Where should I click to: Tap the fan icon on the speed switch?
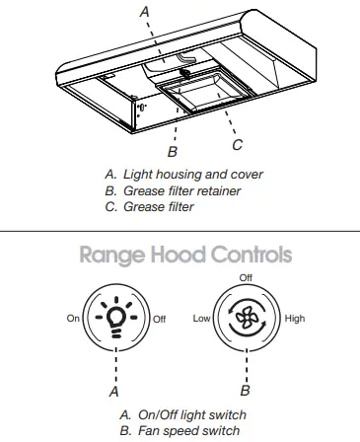click(246, 320)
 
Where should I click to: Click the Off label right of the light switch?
click(161, 320)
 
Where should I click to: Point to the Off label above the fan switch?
click(246, 277)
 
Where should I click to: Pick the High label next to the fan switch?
click(295, 320)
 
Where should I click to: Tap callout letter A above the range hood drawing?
click(145, 12)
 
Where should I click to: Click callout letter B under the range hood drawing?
click(172, 152)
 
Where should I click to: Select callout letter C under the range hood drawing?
click(238, 145)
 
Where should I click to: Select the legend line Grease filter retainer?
click(180, 190)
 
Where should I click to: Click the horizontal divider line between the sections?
click(180, 231)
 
